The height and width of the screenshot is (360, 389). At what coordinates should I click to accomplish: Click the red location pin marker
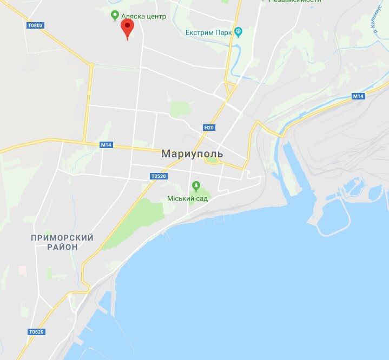pos(127,28)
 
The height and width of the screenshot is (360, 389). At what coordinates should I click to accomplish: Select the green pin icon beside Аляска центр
pos(114,16)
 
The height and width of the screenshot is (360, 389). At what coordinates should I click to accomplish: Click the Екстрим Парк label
pos(208,32)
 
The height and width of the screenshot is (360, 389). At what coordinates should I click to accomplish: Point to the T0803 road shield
pos(34,25)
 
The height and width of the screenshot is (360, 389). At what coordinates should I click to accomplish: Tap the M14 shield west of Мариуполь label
pos(106,145)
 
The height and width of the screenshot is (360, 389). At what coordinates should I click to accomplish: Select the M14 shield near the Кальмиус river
pos(357,96)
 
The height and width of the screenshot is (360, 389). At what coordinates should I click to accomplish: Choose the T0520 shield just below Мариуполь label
pos(157,176)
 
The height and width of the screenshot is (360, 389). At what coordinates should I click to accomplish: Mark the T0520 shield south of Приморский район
pos(36,331)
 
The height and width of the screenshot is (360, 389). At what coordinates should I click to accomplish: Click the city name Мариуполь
pos(192,154)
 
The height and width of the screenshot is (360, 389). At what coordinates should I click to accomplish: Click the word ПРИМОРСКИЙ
pos(62,238)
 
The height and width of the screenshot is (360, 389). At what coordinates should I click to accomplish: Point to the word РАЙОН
pos(62,247)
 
